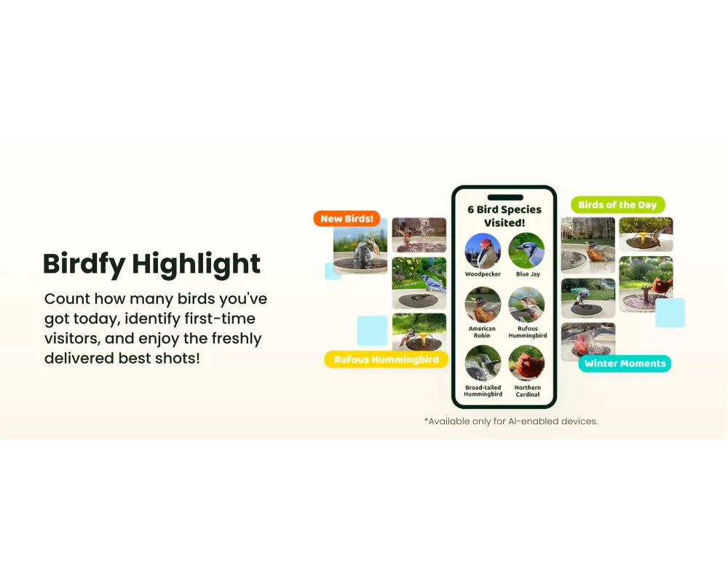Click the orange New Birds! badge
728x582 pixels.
(x=347, y=218)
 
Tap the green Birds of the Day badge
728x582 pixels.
(x=617, y=204)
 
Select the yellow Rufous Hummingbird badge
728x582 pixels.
(x=386, y=359)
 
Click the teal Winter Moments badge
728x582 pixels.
(x=625, y=364)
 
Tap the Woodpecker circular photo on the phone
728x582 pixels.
(x=483, y=251)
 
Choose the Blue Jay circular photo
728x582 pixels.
(x=526, y=251)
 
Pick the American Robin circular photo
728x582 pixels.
(x=483, y=305)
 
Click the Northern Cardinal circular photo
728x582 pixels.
(x=526, y=364)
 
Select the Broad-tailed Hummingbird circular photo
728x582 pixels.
(x=483, y=364)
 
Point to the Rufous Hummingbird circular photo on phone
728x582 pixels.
(x=526, y=305)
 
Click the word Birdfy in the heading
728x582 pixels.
(x=84, y=265)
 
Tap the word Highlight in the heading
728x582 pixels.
(x=196, y=265)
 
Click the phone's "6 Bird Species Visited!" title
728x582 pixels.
(x=505, y=216)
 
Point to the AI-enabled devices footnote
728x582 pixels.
(x=511, y=421)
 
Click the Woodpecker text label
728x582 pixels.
(x=483, y=274)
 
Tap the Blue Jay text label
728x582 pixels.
(x=528, y=274)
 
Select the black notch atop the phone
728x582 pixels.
(x=505, y=197)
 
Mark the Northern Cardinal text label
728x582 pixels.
(x=527, y=391)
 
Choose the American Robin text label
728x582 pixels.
(x=482, y=332)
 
